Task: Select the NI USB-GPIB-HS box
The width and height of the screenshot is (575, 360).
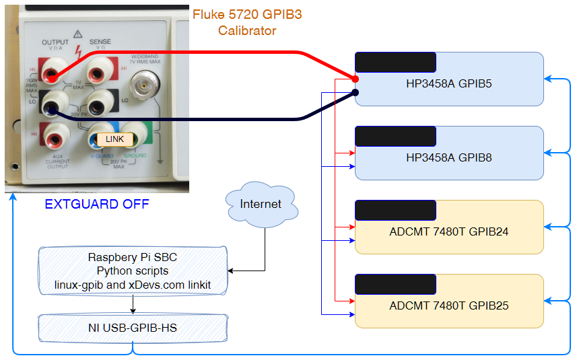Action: (x=133, y=328)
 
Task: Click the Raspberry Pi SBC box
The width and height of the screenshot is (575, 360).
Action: (x=133, y=271)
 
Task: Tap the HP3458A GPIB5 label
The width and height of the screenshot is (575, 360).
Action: (x=449, y=84)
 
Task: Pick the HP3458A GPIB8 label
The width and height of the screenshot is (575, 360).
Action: (x=449, y=158)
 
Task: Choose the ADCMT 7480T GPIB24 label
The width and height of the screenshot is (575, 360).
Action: (x=449, y=232)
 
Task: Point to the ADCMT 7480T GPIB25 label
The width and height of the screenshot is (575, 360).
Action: (x=449, y=306)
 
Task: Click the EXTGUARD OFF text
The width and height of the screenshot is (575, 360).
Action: (x=97, y=204)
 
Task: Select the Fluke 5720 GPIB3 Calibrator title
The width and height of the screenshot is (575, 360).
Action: (x=246, y=22)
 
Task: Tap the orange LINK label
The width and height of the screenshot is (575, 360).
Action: (x=115, y=139)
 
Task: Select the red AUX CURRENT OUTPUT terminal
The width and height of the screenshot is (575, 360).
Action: (x=54, y=138)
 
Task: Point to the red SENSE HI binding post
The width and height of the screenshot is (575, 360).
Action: (x=102, y=69)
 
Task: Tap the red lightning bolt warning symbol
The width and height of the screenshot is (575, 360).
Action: (x=79, y=50)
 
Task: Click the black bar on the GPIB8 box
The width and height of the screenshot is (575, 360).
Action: (x=395, y=137)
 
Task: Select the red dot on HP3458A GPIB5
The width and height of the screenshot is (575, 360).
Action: (x=356, y=79)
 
